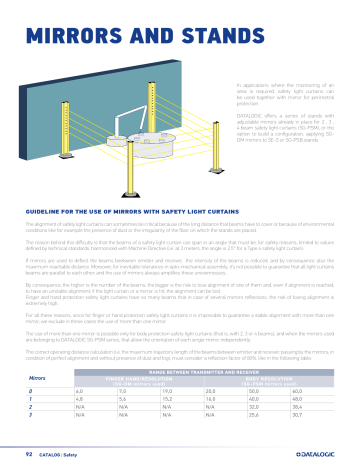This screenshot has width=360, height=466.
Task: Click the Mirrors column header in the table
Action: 37,379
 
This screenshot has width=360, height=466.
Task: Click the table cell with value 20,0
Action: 211,392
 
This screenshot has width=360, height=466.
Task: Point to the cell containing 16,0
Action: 211,400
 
